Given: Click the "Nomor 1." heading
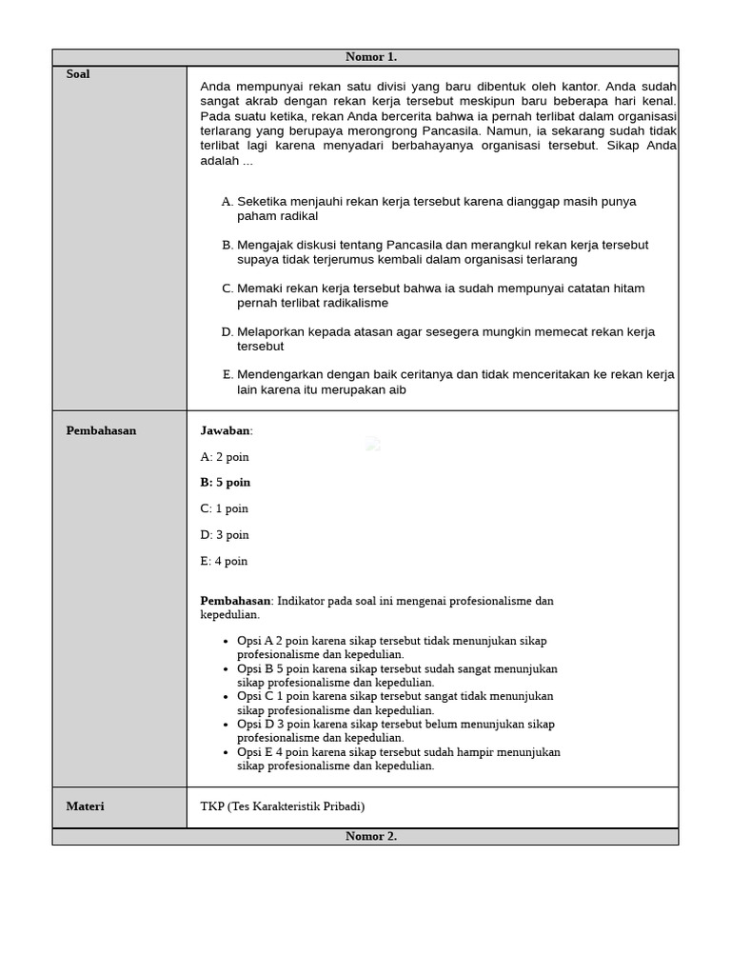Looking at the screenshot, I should click(x=370, y=57).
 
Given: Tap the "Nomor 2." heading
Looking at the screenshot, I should click(x=370, y=837).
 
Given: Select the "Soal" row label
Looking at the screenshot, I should click(x=78, y=74).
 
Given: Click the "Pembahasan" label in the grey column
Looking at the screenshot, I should click(x=101, y=430).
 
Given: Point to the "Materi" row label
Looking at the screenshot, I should click(x=85, y=806).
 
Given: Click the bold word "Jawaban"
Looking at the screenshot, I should click(x=225, y=430).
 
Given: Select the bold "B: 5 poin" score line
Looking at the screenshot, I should click(x=226, y=483).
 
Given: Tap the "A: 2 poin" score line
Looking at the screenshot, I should click(x=225, y=457).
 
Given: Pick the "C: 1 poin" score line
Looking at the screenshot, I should click(x=225, y=508).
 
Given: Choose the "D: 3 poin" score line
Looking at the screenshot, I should click(x=225, y=535).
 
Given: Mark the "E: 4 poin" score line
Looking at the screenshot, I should click(x=224, y=562).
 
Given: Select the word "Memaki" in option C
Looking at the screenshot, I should click(x=258, y=289).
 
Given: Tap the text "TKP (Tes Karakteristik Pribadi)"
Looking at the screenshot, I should click(x=282, y=806).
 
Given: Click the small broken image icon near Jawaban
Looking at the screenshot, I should click(x=373, y=444).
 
